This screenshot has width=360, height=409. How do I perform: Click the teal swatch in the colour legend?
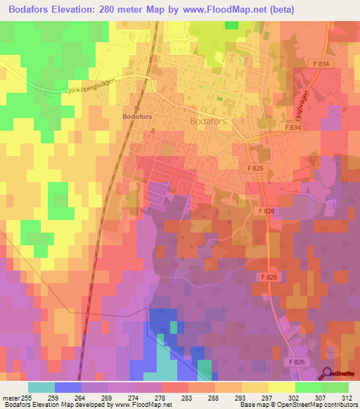pos(41,387)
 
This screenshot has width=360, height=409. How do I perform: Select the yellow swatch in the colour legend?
pos(281,387)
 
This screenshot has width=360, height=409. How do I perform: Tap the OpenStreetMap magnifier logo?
pos(327,374)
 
